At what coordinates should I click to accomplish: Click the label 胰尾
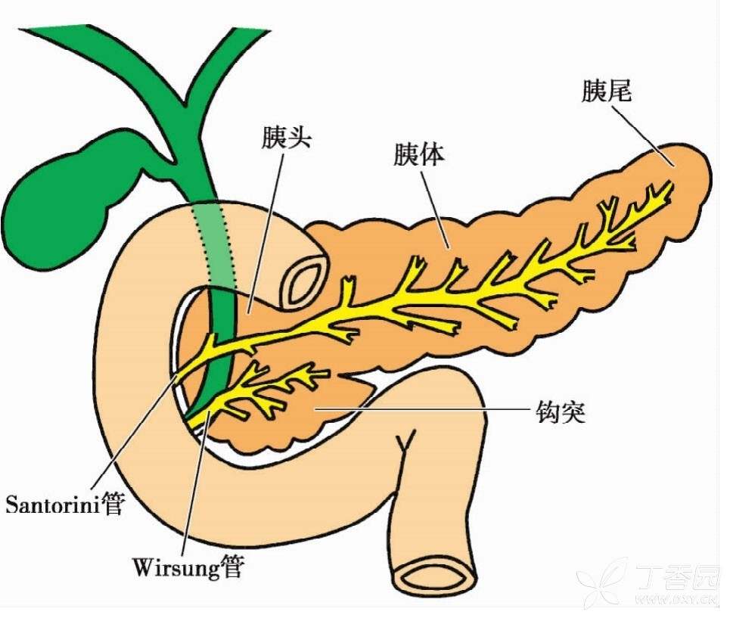(x=607, y=92)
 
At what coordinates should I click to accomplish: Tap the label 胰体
(x=418, y=156)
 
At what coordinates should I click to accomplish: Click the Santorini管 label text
(x=64, y=504)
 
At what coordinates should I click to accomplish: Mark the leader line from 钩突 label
(x=424, y=410)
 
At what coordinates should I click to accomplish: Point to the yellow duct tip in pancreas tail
(x=667, y=185)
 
